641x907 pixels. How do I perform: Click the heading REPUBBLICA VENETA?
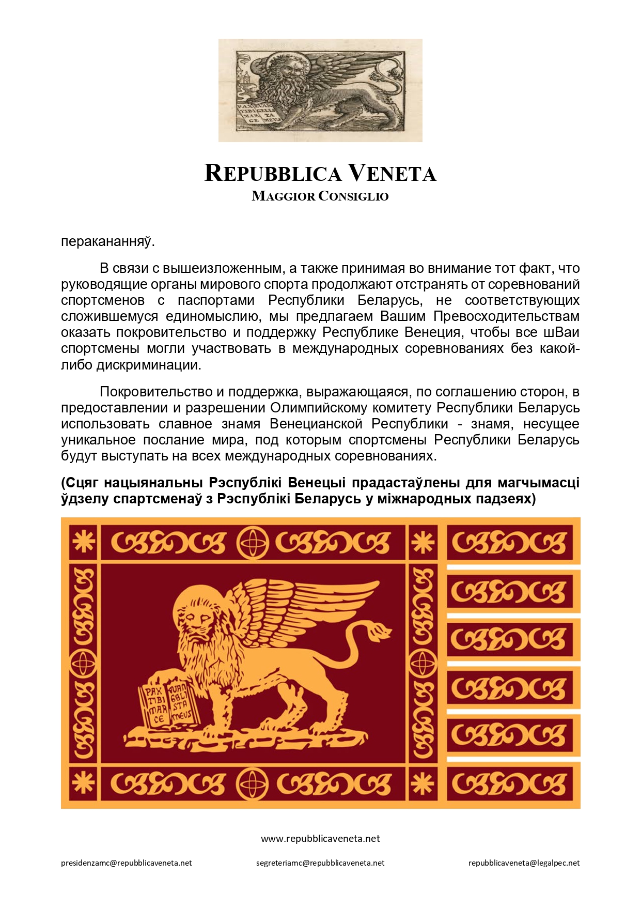pos(320,174)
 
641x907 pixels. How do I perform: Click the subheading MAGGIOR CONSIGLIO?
pos(320,196)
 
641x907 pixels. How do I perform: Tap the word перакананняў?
pos(107,242)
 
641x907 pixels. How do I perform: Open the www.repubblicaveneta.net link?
pos(320,838)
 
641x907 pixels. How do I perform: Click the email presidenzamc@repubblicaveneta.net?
pos(127,863)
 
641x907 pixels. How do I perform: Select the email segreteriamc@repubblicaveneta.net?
pos(320,863)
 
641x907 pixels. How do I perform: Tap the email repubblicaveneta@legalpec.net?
pos(524,863)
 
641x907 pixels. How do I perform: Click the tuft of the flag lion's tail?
pos(380,632)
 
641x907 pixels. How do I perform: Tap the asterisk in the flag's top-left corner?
pos(83,542)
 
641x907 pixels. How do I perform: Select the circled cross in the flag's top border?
pos(253,543)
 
